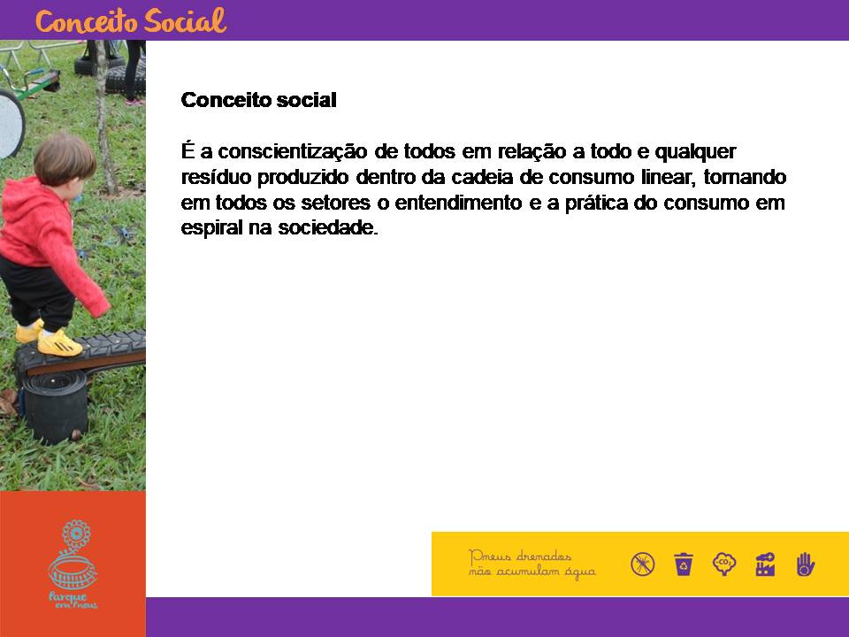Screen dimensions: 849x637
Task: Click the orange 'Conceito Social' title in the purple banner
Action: (x=131, y=21)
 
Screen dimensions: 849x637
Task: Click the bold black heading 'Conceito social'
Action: (x=259, y=100)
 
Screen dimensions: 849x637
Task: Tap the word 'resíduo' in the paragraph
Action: (x=216, y=177)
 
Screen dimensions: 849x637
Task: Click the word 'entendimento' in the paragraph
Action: (x=458, y=203)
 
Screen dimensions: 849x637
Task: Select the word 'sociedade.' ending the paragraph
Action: (x=327, y=227)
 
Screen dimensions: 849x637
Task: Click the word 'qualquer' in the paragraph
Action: (x=695, y=152)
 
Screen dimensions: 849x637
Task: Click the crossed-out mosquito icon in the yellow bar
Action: (x=643, y=564)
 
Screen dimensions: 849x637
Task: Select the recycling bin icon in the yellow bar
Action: (x=684, y=564)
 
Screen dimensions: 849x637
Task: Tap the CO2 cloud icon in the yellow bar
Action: (x=724, y=564)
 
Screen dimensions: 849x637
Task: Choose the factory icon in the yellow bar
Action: (x=765, y=564)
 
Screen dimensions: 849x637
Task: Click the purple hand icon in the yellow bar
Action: (x=805, y=564)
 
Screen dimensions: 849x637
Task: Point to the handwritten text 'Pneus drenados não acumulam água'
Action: (x=532, y=564)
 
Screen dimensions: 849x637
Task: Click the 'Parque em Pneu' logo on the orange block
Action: (x=73, y=564)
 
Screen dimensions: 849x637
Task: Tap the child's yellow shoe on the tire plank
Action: (x=59, y=343)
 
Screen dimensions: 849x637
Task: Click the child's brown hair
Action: (x=65, y=157)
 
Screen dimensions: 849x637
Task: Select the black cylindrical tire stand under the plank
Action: (x=55, y=406)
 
